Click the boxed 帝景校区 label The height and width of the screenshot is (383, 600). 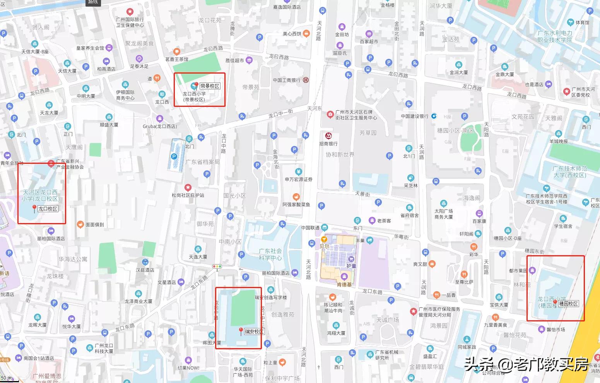210,86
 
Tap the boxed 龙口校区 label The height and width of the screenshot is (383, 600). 48,209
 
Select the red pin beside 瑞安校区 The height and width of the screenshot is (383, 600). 241,331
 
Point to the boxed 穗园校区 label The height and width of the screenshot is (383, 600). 569,304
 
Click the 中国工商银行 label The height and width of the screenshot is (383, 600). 287,80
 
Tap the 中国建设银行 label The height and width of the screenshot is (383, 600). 415,116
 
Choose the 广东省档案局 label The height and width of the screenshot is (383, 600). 202,162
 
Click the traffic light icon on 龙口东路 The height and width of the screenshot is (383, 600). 217,266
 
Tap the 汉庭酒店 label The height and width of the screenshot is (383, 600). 145,270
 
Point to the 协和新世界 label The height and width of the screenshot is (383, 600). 340,155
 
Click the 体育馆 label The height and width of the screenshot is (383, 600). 582,22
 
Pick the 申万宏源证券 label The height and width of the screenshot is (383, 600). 298,179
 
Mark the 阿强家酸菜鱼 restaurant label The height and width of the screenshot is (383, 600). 296,204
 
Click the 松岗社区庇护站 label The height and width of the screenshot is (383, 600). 188,195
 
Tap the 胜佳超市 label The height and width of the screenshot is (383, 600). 235,60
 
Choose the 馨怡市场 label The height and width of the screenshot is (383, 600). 556,330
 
